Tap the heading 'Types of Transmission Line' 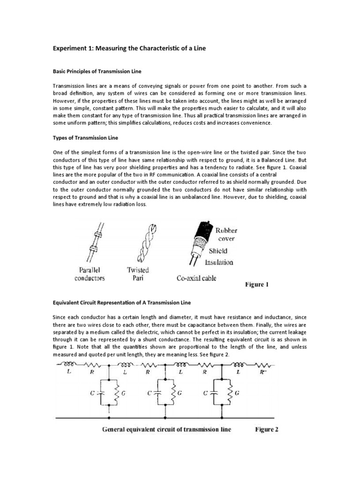pyautogui.click(x=85, y=138)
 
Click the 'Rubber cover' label pyautogui.click(x=226, y=234)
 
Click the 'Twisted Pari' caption pyautogui.click(x=138, y=274)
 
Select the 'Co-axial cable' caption pyautogui.click(x=196, y=278)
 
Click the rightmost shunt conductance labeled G pyautogui.click(x=231, y=392)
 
